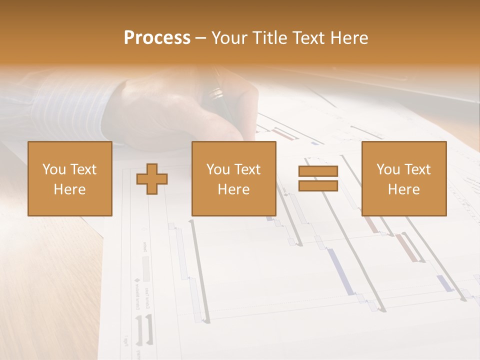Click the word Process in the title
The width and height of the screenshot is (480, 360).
pos(157,38)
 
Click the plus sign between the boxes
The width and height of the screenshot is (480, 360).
pos(152,179)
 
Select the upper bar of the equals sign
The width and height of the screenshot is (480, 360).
pos(318,171)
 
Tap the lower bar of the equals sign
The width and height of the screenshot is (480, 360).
pos(318,186)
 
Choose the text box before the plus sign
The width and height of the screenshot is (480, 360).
pos(70,178)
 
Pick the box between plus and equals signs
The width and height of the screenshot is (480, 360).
pos(233,178)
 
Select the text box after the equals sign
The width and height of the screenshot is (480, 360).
pos(403,178)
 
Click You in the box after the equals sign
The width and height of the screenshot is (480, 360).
pos(388,169)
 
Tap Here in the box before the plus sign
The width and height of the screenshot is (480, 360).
pos(70,189)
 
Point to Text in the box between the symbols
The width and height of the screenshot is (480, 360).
pos(247,169)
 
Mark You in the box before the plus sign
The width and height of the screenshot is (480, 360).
pos(54,169)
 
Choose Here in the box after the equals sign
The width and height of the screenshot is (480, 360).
pos(403,189)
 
